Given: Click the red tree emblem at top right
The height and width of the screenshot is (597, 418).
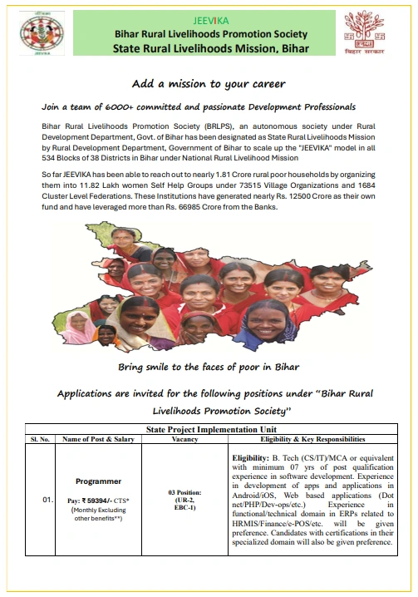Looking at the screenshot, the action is (x=365, y=32).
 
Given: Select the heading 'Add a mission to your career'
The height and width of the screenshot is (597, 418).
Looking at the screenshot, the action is (x=209, y=85).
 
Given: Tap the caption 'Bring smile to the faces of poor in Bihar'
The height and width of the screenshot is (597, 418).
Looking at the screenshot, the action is (x=209, y=367).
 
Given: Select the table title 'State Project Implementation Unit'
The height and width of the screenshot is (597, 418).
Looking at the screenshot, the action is (x=209, y=429).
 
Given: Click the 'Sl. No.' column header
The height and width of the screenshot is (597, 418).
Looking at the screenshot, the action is (x=40, y=438).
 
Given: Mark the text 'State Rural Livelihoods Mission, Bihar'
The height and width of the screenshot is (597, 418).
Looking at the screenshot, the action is (x=210, y=48).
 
